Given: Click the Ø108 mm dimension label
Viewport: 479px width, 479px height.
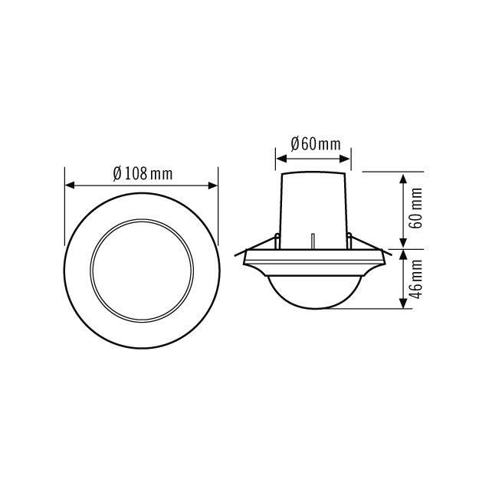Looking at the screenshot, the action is coord(143,173).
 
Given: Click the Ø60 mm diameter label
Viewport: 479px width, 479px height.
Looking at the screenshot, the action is coord(316,144).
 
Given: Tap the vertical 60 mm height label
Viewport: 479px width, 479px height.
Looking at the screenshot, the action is coord(415,208).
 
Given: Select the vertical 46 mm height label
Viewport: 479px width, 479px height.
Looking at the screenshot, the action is coord(415,279).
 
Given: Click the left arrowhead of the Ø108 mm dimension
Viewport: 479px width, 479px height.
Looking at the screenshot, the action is coord(70,185).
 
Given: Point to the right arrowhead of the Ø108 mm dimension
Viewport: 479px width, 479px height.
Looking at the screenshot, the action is coord(213,185).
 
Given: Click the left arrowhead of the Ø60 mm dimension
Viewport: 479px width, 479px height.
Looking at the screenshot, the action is coord(281,159).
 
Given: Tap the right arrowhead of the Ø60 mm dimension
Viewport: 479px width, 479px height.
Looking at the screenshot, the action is coord(345,159).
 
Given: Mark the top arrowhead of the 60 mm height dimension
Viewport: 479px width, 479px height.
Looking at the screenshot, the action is coord(404,179).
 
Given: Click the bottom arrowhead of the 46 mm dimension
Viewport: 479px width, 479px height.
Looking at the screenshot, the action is coord(404,303).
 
